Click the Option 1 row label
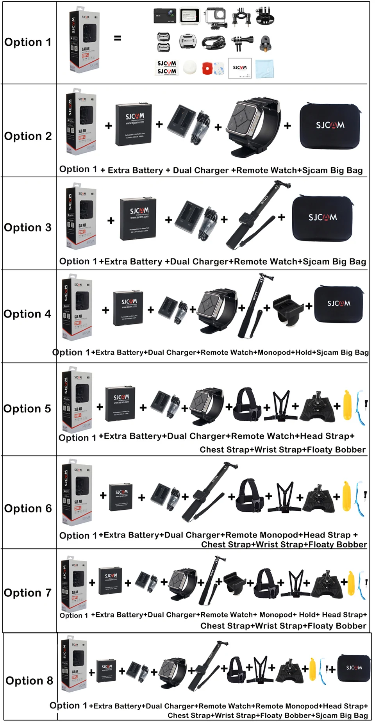click(28, 42)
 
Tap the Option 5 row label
click(27, 409)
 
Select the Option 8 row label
click(29, 680)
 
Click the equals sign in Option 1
click(117, 38)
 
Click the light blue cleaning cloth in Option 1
click(264, 69)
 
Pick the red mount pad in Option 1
click(208, 69)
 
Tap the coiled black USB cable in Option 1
click(214, 42)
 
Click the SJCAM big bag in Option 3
click(323, 218)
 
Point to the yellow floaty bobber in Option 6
click(346, 497)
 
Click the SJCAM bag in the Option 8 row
click(354, 668)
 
